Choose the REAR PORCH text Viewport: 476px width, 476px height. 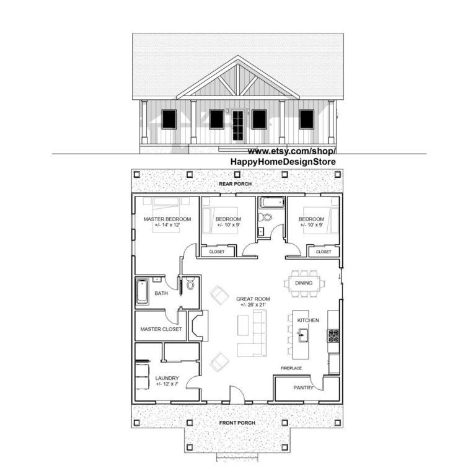(x=237, y=185)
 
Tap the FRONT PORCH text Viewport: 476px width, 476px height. (x=237, y=423)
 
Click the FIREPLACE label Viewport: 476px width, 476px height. (x=291, y=368)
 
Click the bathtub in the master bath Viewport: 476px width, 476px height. (x=143, y=293)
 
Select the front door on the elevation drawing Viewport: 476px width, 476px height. (x=237, y=126)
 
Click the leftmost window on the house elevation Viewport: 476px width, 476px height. (x=169, y=119)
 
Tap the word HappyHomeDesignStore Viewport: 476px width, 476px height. (x=283, y=162)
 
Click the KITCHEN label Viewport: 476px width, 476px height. (x=308, y=320)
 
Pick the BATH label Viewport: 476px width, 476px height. (x=161, y=293)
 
